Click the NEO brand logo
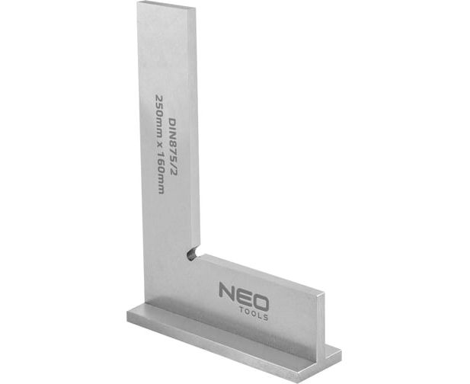(x=244, y=300)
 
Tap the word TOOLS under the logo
(x=254, y=314)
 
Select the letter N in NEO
(x=227, y=291)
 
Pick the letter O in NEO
(x=260, y=301)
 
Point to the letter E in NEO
(x=243, y=296)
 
